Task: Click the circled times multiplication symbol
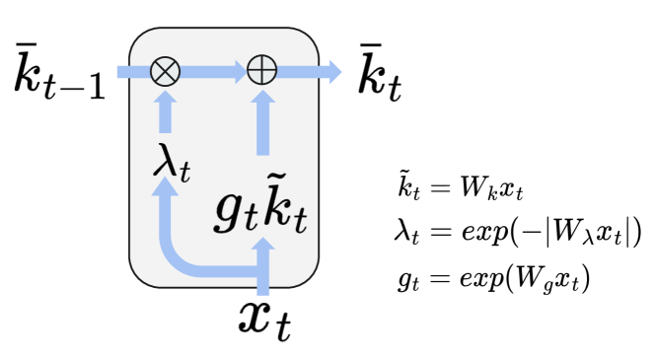click(165, 71)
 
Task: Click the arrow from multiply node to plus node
click(213, 71)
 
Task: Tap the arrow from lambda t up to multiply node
click(165, 110)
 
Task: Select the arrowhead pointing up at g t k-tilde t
click(262, 248)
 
